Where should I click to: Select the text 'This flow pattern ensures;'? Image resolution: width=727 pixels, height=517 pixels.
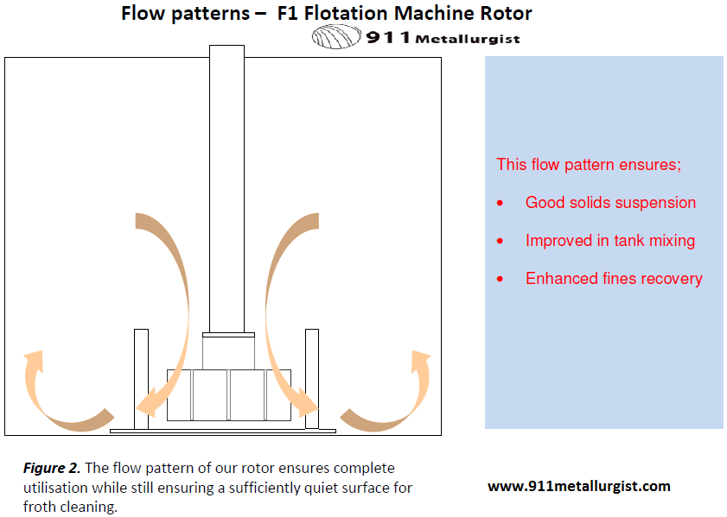click(588, 164)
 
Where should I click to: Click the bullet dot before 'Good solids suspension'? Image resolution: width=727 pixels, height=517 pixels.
click(500, 203)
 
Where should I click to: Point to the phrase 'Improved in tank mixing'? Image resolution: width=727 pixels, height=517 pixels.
click(610, 241)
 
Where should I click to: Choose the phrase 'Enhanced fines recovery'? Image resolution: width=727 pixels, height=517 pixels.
click(614, 279)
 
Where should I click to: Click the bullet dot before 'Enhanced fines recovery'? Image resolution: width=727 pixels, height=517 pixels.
click(500, 279)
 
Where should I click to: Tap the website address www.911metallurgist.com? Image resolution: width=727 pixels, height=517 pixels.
click(578, 486)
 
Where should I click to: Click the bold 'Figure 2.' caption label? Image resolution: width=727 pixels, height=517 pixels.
click(52, 468)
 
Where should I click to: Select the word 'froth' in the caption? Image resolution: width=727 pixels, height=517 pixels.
click(41, 507)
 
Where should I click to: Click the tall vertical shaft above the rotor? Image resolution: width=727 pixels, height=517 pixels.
click(226, 190)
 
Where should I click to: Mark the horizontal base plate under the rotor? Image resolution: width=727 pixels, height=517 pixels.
click(223, 429)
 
